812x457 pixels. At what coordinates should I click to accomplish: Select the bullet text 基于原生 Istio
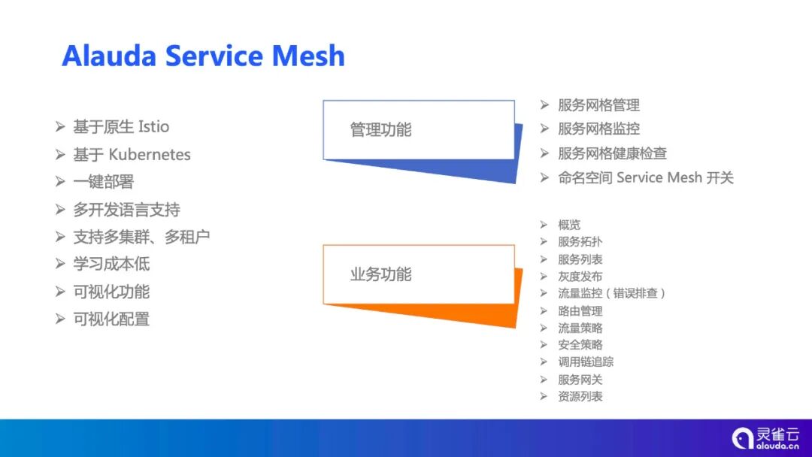pos(121,126)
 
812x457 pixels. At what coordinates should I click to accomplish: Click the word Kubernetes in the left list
pos(150,154)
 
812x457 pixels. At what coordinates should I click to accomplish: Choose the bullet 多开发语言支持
pos(126,209)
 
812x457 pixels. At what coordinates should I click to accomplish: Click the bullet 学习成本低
pos(111,264)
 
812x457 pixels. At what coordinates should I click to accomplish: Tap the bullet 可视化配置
pos(111,319)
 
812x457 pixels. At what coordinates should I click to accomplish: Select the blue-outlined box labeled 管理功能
pos(418,129)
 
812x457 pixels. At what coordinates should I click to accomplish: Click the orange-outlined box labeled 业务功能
pos(418,274)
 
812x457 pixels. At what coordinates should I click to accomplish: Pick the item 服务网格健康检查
pos(612,153)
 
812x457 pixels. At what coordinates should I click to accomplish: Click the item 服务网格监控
pos(598,129)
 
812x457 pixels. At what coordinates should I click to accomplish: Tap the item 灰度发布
pos(580,277)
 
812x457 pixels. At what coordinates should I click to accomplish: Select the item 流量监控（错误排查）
pos(611,293)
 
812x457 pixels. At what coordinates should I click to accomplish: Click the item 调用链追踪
pos(585,362)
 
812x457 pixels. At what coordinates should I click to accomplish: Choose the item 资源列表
pos(580,396)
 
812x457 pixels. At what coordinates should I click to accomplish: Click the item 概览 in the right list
pos(569,225)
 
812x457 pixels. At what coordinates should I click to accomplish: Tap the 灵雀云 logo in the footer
pos(766,437)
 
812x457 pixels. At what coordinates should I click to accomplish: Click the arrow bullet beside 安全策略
pos(544,344)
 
